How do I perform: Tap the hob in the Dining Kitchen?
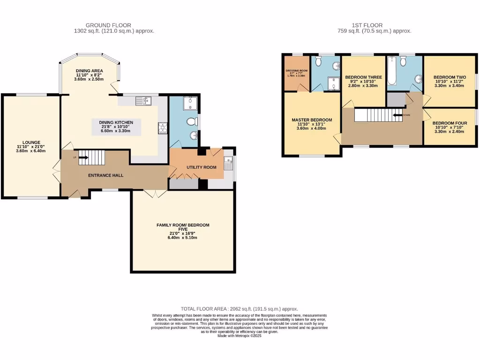163,126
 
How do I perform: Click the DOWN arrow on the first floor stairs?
399,114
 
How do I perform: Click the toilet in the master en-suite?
318,61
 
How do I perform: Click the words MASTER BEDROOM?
312,120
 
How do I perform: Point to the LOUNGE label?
32,142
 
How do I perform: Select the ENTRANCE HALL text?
106,175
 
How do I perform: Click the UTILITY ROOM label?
201,167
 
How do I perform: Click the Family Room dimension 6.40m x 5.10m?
183,238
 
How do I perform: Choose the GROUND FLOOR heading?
108,25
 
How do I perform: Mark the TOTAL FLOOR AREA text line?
240,309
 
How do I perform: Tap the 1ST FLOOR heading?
367,25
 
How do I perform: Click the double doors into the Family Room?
154,193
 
